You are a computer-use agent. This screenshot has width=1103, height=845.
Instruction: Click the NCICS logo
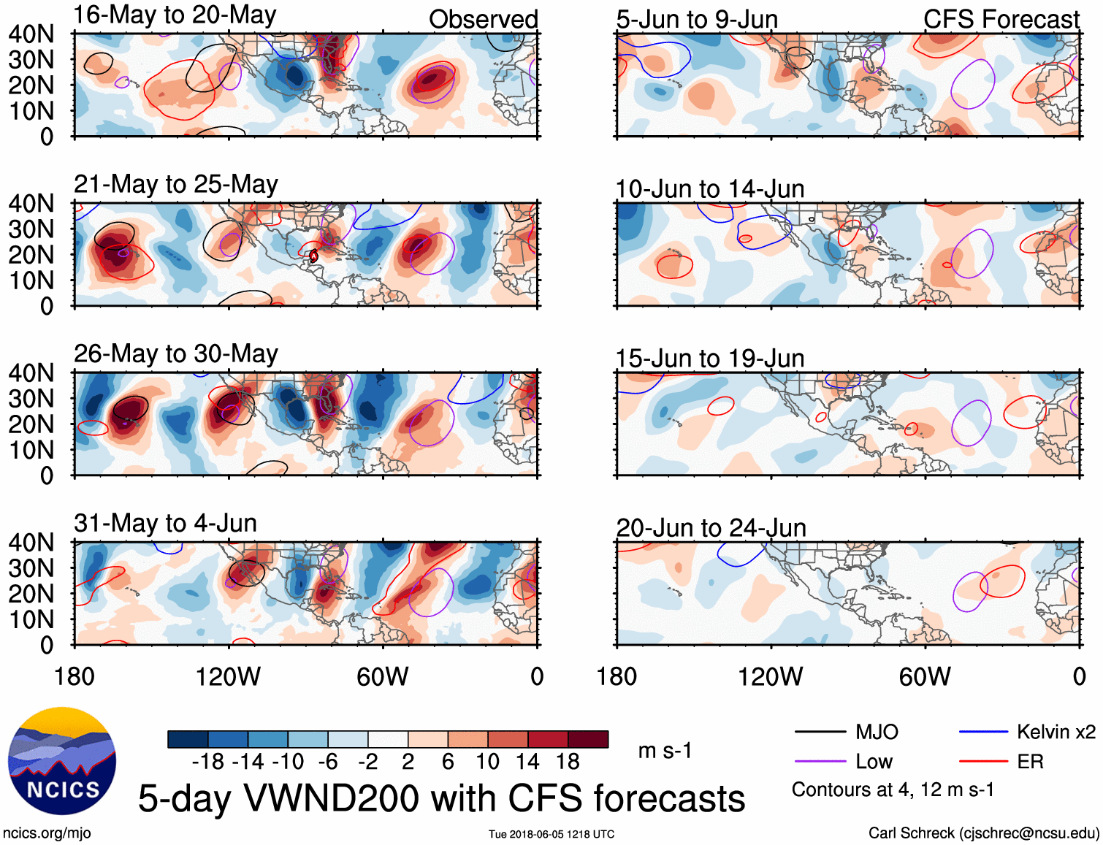tap(62, 760)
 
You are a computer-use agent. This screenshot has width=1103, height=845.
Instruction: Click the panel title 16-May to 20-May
tap(175, 15)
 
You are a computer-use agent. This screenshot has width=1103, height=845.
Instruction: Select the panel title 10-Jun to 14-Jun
tap(709, 189)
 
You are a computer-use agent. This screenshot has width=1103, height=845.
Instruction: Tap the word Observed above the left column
tap(483, 20)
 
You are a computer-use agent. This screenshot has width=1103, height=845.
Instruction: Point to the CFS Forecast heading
tap(1001, 20)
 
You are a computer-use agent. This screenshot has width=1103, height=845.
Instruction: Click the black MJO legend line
tap(820, 732)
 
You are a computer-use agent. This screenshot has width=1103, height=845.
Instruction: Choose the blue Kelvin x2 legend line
tap(983, 732)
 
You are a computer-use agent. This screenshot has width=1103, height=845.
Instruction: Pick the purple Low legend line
tap(820, 762)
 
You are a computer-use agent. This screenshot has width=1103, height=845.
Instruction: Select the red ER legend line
tap(983, 762)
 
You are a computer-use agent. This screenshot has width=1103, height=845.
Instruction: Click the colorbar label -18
tap(207, 762)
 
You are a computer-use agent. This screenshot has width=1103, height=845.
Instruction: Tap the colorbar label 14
tap(527, 762)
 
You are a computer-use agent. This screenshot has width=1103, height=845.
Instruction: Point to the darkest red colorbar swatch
tap(588, 739)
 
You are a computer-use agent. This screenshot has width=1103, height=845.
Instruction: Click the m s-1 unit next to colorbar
tap(665, 751)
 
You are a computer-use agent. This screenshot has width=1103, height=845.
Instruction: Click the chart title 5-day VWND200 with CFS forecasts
tap(441, 798)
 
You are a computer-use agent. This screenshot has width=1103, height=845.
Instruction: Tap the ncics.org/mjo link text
tap(47, 833)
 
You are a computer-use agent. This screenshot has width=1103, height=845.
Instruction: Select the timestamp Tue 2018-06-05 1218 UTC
tap(551, 834)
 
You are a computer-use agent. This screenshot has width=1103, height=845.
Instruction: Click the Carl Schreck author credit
tap(983, 833)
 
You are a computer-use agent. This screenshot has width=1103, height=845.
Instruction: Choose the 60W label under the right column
tap(924, 677)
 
